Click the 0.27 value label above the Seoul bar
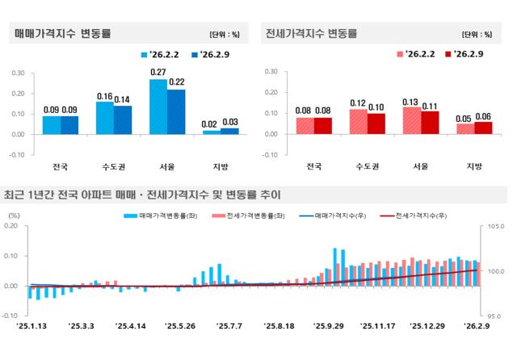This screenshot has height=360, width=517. point(158,73)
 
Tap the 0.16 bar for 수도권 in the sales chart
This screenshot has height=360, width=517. point(105,118)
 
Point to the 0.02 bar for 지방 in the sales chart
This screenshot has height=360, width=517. point(212,132)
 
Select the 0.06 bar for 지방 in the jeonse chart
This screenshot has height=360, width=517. point(483,128)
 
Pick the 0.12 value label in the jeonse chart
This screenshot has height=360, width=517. point(358,103)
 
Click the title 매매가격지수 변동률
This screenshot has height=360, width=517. point(63,34)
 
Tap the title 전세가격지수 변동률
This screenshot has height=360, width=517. point(311,34)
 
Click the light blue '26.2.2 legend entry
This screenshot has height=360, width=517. point(162,55)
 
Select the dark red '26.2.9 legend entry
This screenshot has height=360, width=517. point(466,55)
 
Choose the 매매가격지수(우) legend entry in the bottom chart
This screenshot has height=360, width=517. point(331,216)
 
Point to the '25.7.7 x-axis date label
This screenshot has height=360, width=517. point(229,326)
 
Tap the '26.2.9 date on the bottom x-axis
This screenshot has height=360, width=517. point(475,326)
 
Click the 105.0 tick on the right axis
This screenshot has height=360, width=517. point(495,227)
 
